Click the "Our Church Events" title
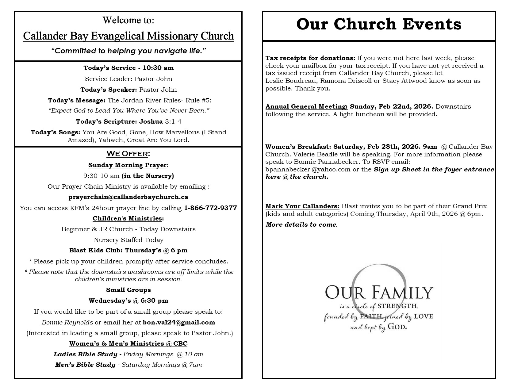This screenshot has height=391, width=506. tap(379, 25)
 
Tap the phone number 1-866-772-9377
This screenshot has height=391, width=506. tap(210, 208)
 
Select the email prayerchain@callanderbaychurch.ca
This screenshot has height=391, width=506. tap(128, 197)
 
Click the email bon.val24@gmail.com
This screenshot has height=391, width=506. tap(179, 322)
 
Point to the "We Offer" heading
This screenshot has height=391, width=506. tap(128, 153)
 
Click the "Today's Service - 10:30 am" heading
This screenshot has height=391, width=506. tap(128, 68)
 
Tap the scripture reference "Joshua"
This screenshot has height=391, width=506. tap(151, 121)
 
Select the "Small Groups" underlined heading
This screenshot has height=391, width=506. tap(128, 290)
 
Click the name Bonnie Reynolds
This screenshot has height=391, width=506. tap(67, 322)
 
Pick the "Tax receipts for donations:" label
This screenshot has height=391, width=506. tap(310, 58)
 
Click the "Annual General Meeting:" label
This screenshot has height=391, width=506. tap(307, 106)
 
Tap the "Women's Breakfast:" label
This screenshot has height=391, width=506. tap(298, 147)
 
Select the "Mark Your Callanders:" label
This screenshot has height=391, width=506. tap(302, 206)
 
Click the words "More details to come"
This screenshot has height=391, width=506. tap(301, 224)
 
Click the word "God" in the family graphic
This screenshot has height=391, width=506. tap(397, 327)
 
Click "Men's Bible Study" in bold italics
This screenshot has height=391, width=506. tap(85, 365)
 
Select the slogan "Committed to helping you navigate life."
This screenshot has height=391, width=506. tap(128, 51)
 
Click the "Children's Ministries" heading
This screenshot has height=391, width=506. tap(128, 218)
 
